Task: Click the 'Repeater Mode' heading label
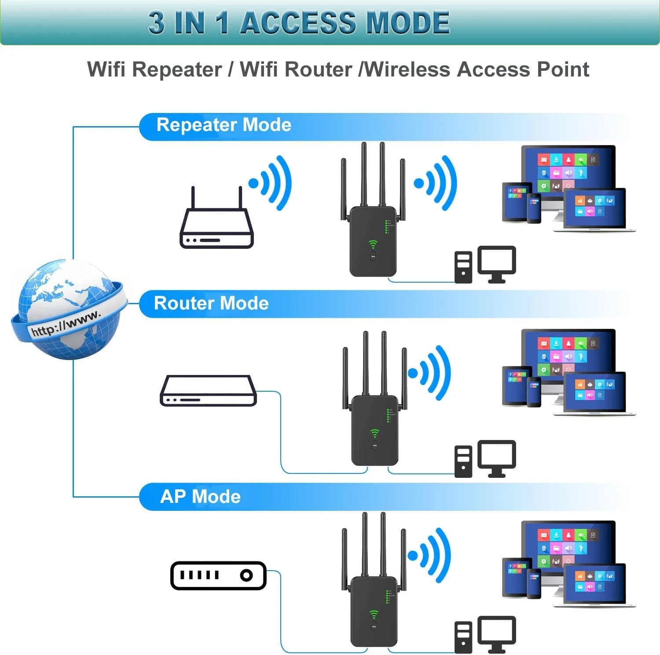pos(224,125)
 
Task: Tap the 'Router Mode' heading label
pos(211,303)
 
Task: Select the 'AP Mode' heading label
pos(200,497)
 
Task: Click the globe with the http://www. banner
pos(68,310)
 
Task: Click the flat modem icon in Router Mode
pos(208,390)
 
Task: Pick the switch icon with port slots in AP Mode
pos(218,575)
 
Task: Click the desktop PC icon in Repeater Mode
pos(485,265)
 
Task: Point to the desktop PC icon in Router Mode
pos(485,458)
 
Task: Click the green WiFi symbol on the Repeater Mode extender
pos(373,244)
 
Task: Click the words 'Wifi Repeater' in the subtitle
pos(154,69)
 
